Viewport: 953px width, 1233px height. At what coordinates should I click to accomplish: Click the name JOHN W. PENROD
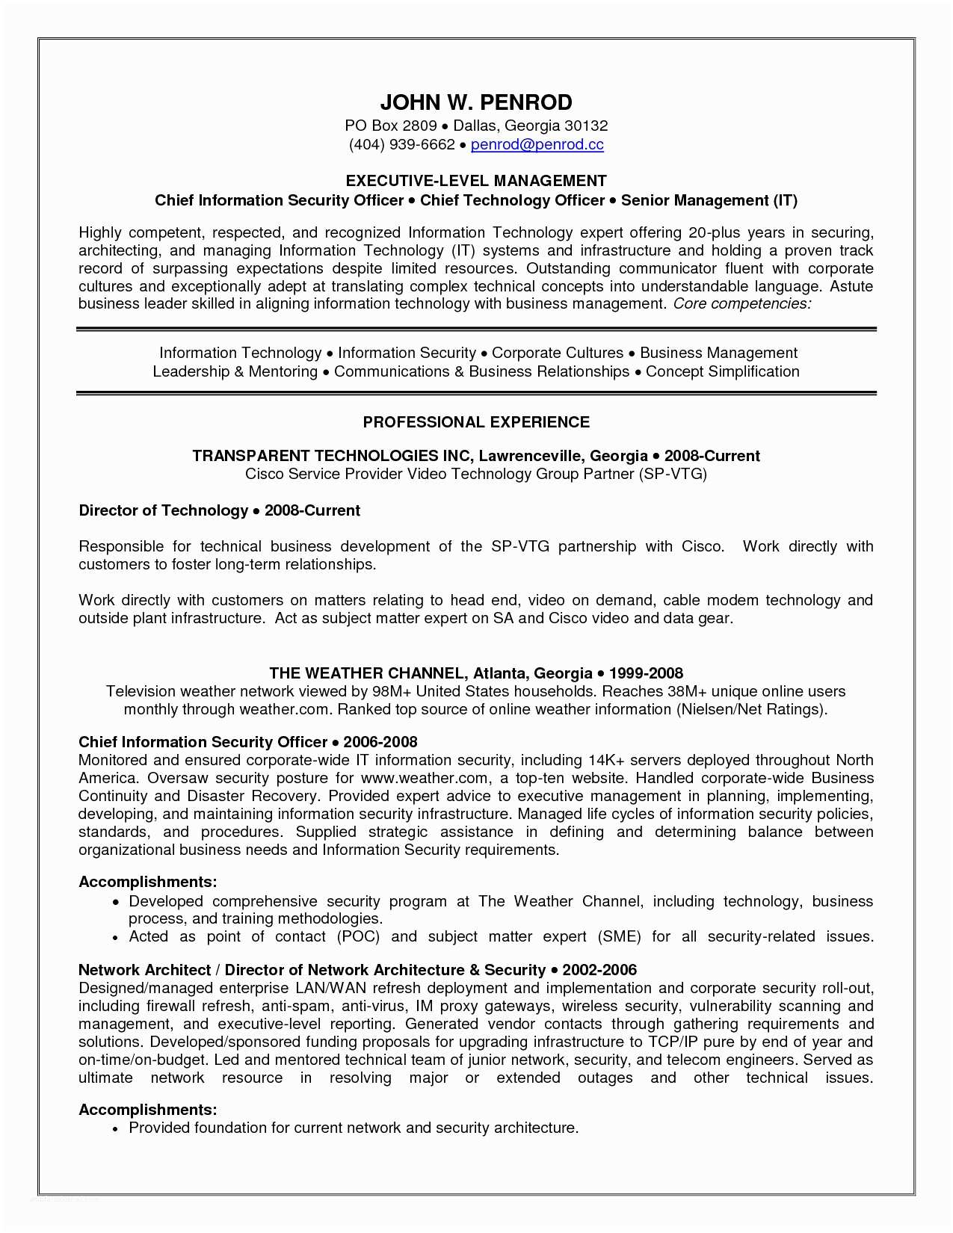pyautogui.click(x=476, y=102)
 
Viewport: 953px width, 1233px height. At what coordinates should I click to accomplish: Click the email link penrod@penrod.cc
pyautogui.click(x=537, y=144)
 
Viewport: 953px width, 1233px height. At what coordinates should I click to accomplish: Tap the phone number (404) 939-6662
pyautogui.click(x=401, y=144)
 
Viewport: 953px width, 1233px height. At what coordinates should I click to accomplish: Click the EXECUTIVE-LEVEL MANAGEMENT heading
pyautogui.click(x=476, y=181)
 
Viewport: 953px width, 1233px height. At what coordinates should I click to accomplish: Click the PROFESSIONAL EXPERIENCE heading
pyautogui.click(x=476, y=422)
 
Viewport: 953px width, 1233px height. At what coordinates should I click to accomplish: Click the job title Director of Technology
pyautogui.click(x=163, y=510)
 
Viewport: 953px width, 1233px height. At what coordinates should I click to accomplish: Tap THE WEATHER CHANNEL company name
pyautogui.click(x=368, y=673)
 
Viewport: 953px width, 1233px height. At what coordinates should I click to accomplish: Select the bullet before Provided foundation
pyautogui.click(x=115, y=1128)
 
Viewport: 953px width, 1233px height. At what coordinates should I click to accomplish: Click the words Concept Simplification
pyautogui.click(x=722, y=371)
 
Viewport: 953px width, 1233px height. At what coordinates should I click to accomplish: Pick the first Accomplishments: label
pyautogui.click(x=147, y=882)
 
